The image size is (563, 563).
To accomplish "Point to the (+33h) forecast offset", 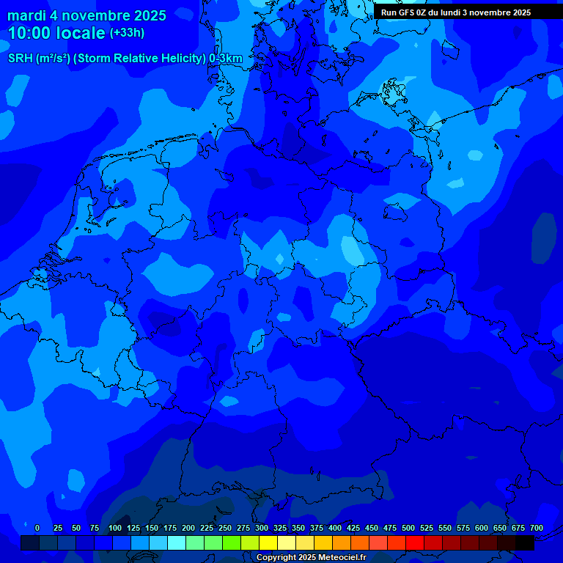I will pyautogui.click(x=127, y=33).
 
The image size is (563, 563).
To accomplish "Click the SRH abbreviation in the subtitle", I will pyautogui.click(x=20, y=59).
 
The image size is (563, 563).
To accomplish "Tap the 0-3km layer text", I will pyautogui.click(x=226, y=59).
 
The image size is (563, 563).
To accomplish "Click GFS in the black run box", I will pyautogui.click(x=406, y=12).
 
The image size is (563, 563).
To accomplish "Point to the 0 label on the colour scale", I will pyautogui.click(x=37, y=528).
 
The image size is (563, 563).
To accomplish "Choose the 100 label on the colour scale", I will pyautogui.click(x=115, y=528).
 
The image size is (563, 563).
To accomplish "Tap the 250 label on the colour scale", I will pyautogui.click(x=225, y=528).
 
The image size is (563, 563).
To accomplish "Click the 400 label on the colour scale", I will pyautogui.click(x=335, y=528).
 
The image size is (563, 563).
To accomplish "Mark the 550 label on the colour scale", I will pyautogui.click(x=445, y=528).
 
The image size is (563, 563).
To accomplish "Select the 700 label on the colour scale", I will pyautogui.click(x=537, y=528).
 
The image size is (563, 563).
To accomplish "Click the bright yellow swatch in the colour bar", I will pyautogui.click(x=268, y=542).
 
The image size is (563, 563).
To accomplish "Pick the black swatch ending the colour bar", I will pyautogui.click(x=525, y=542).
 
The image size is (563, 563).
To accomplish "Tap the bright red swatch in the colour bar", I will pyautogui.click(x=415, y=542).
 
